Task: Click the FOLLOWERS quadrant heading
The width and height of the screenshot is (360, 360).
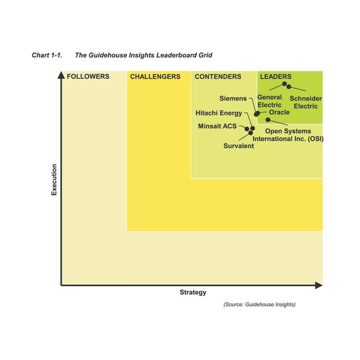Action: [88, 77]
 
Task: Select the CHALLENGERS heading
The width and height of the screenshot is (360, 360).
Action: [155, 77]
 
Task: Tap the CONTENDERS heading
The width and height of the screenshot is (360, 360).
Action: [218, 77]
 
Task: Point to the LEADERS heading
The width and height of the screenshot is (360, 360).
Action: [275, 77]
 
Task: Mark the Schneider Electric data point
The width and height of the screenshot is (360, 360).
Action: [289, 87]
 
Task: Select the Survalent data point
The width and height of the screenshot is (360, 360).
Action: [251, 132]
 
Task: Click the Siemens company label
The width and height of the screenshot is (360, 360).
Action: [233, 98]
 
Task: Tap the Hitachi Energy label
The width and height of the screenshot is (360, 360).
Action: [219, 113]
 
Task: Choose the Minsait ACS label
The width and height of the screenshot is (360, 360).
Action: [217, 127]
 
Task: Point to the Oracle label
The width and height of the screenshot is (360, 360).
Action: [279, 112]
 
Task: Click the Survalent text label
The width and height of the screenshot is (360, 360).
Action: [239, 146]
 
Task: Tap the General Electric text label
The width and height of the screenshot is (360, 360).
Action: [269, 101]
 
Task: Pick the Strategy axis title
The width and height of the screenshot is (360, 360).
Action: [193, 292]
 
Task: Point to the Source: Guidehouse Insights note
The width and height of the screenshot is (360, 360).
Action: [259, 305]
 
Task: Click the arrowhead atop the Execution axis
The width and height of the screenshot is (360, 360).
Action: [61, 75]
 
